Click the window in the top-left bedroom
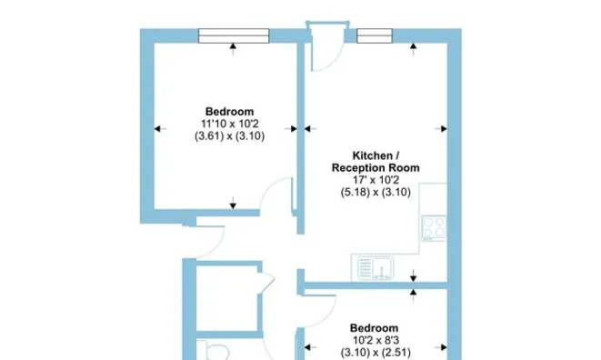234,35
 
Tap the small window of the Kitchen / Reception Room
375,35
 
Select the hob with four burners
435,228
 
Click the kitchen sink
376,267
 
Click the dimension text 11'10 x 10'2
230,124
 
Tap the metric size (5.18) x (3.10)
376,192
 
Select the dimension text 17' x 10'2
376,180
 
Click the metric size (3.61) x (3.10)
230,136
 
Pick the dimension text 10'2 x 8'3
376,340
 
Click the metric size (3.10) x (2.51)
376,352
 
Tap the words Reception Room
376,168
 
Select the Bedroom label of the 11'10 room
230,112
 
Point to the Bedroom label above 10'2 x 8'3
374,328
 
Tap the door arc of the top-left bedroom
270,185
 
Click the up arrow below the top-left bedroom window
233,49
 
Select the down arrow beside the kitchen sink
413,275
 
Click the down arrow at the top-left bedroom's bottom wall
233,204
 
